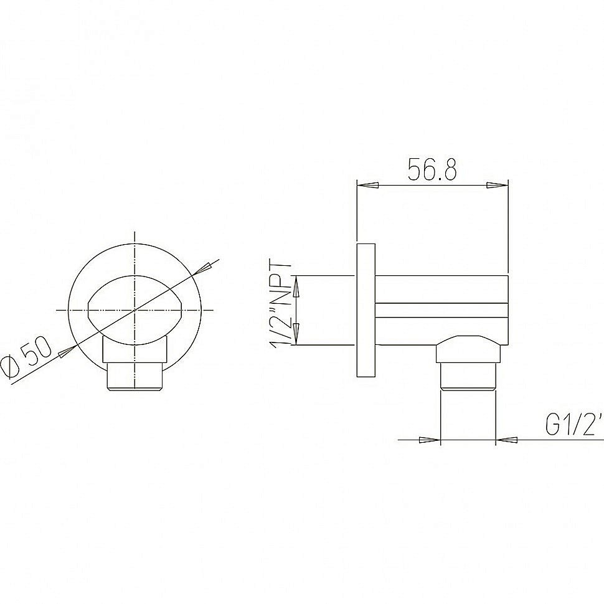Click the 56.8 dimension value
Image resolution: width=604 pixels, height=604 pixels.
pyautogui.click(x=432, y=169)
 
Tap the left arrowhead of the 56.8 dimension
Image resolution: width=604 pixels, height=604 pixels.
pyautogui.click(x=367, y=185)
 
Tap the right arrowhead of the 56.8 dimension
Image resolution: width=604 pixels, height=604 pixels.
pyautogui.click(x=497, y=185)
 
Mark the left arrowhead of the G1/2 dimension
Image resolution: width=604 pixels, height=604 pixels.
pyautogui.click(x=430, y=440)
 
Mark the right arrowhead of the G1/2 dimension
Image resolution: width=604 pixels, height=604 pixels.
pyautogui.click(x=507, y=440)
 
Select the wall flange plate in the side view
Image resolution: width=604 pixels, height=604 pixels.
pyautogui.click(x=366, y=310)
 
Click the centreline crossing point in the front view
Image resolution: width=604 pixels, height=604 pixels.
pyautogui.click(x=135, y=309)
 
